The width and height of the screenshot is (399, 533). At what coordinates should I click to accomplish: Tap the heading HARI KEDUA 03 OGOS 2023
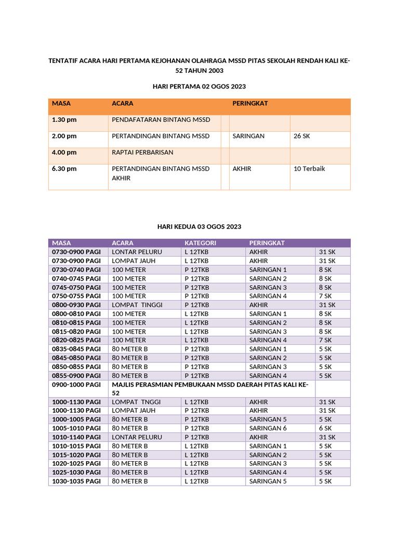pos(199,227)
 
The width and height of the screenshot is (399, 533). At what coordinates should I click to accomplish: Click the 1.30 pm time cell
pos(64,120)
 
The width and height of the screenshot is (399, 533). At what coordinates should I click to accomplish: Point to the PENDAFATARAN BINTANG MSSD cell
pos(161,120)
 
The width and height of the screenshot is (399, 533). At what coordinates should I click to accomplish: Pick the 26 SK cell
pos(302,136)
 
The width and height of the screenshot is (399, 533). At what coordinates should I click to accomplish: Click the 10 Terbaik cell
pos(310,169)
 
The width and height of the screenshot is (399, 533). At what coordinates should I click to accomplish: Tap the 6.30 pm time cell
pos(64,169)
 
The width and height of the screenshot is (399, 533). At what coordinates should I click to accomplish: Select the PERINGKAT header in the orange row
pos(250,104)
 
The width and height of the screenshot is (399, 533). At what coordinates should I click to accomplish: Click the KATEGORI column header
pos(201,243)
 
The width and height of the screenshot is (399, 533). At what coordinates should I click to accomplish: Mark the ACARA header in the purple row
pos(123,243)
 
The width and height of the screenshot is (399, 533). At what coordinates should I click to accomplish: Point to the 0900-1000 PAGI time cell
pos(76,385)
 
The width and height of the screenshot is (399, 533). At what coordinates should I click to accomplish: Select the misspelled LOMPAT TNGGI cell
pos(133,402)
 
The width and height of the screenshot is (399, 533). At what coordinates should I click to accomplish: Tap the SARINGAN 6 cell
pos(268,428)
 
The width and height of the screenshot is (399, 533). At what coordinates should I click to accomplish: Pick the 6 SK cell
pos(325,428)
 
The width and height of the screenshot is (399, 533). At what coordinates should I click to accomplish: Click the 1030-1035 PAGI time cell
pos(76,481)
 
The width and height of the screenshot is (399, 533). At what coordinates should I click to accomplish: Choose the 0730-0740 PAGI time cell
pos(76,270)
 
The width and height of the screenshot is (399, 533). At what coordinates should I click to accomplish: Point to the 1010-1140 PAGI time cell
pos(76,437)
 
